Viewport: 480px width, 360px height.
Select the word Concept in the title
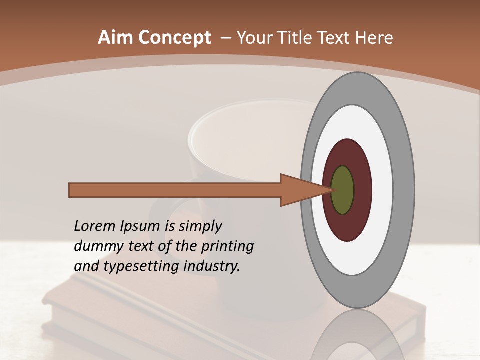click(174, 37)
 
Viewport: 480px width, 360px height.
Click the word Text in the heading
click(334, 37)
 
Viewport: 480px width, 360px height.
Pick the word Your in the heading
click(253, 37)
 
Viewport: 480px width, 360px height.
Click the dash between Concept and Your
click(225, 38)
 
